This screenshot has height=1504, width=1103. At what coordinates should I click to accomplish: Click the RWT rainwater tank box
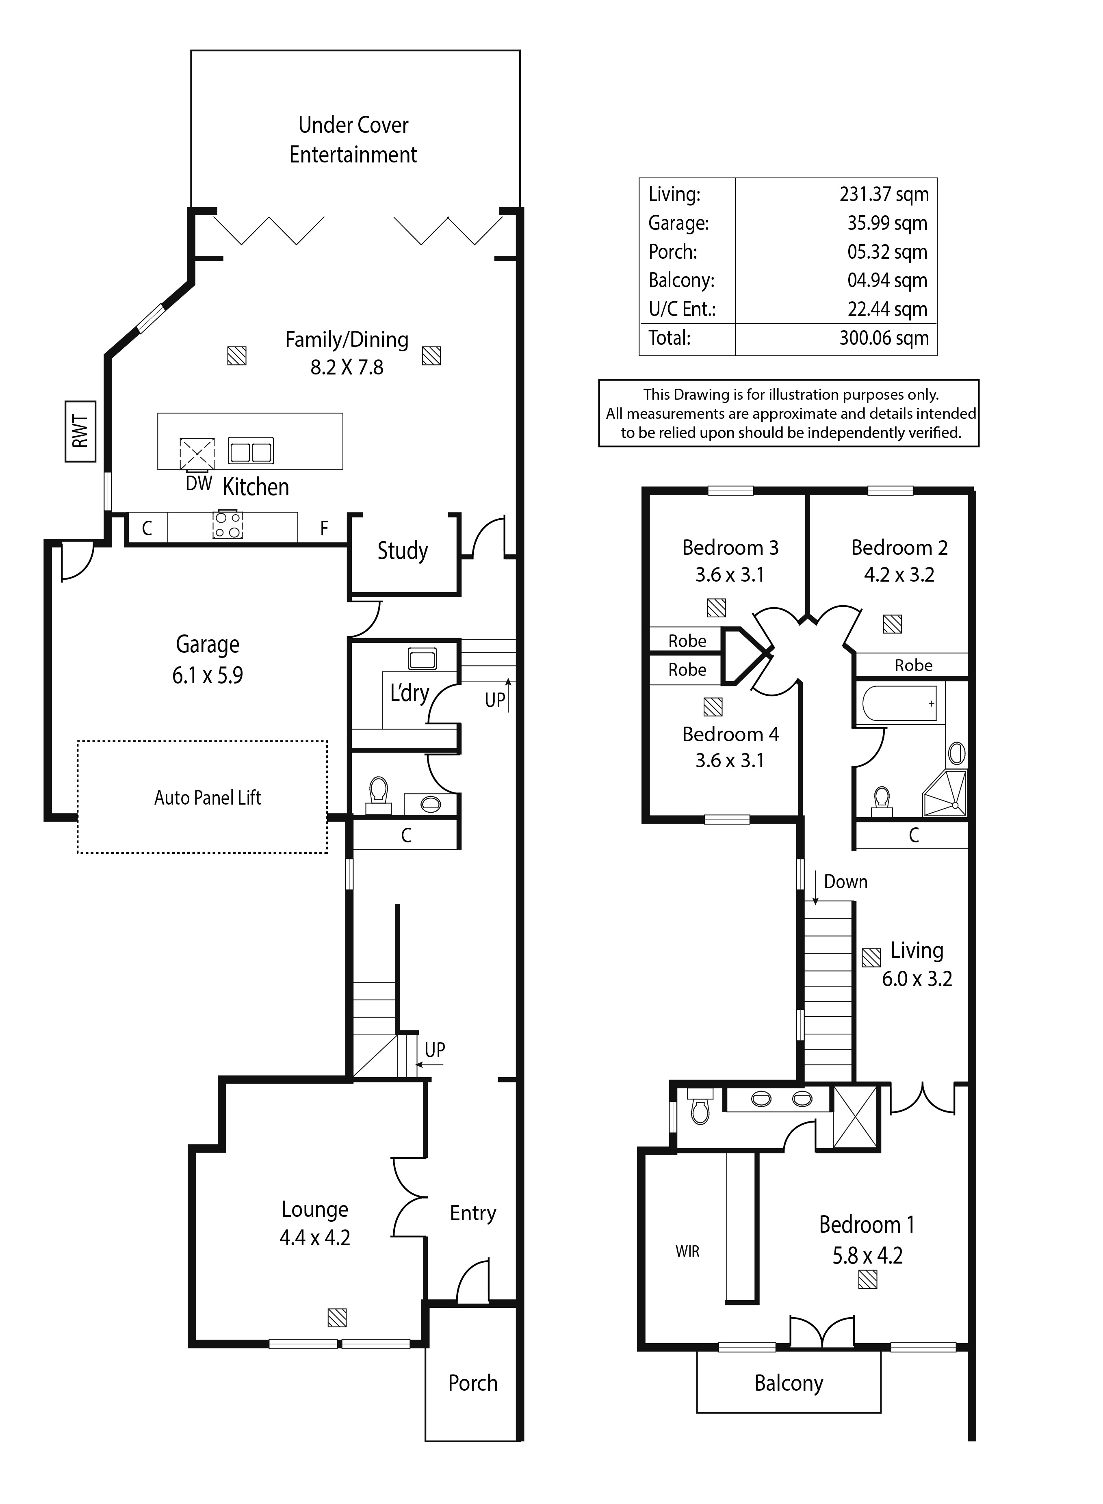[x=80, y=431]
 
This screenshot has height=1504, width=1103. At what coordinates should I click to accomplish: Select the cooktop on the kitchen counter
[x=227, y=524]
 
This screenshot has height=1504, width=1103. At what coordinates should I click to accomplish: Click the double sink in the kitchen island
[x=250, y=450]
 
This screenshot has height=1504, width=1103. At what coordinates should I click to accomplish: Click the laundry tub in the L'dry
[x=422, y=659]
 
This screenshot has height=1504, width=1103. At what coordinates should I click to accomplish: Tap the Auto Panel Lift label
[x=208, y=798]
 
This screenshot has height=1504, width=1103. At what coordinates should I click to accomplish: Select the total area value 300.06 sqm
[x=884, y=338]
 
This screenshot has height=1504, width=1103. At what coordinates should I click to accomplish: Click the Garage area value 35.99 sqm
[x=887, y=223]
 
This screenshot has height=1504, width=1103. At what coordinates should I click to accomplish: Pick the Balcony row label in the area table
[x=681, y=280]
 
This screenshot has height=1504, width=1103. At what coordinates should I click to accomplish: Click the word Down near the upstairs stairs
[x=846, y=882]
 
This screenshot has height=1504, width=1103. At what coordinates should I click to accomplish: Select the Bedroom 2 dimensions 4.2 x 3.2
[x=899, y=575]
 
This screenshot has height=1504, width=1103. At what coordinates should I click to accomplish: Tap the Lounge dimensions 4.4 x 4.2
[x=314, y=1238]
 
